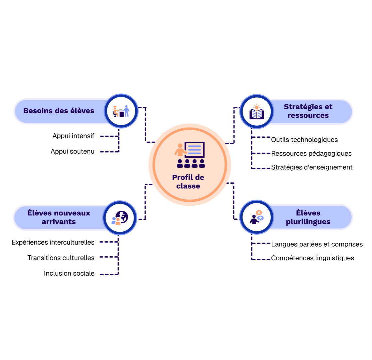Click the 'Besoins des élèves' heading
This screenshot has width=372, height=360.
59,111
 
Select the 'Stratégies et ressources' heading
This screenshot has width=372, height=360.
308,111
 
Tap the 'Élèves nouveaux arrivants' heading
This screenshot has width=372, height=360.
59,217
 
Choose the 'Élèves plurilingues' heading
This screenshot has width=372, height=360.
308,217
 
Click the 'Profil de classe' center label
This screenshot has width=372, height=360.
188,182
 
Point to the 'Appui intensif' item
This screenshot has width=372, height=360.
73,136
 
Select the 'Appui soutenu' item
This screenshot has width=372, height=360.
72,152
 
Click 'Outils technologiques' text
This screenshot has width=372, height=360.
304,140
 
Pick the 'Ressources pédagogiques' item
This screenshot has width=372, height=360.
311,154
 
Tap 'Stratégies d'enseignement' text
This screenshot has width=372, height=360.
312,167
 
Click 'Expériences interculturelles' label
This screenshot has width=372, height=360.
53,242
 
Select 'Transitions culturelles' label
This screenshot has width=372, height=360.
61,258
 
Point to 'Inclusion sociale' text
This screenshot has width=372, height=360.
69,274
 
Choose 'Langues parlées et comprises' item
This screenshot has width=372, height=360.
317,244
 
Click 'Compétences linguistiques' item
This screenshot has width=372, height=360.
312,258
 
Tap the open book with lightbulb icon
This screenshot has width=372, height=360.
256,112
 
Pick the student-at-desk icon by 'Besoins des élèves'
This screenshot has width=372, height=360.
121,111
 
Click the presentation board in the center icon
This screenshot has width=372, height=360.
194,150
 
